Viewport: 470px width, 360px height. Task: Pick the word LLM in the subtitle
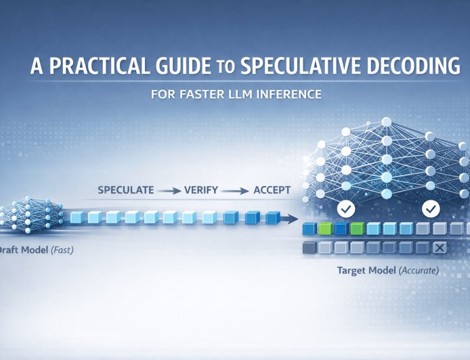point(240,94)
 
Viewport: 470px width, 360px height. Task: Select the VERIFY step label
point(201,190)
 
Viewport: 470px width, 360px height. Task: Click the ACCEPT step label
point(272,190)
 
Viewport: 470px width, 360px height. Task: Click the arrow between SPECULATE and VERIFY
point(169,191)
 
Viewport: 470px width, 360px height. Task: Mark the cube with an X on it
point(438,248)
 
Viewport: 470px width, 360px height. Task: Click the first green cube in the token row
point(326,229)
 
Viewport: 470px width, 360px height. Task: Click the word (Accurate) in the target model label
point(418,271)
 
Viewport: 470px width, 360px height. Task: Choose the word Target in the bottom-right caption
point(352,271)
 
